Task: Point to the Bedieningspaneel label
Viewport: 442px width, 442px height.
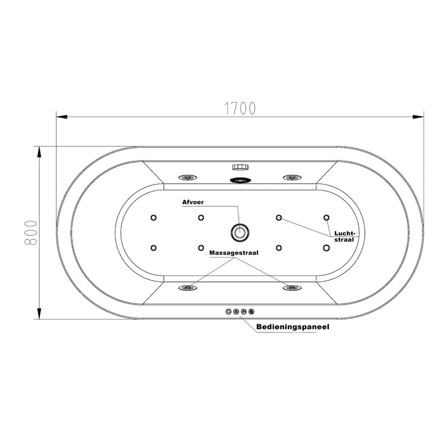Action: click(x=292, y=326)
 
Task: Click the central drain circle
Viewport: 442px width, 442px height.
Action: click(x=240, y=231)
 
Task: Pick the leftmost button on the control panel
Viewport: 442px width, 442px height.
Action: click(x=228, y=311)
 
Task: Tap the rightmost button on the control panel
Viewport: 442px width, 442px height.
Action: click(x=252, y=311)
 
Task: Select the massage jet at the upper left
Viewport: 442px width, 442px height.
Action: click(x=187, y=178)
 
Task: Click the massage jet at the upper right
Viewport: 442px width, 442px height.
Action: click(x=291, y=178)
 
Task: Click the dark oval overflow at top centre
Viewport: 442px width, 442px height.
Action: click(x=240, y=180)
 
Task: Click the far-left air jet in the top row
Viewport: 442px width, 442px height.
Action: click(x=154, y=218)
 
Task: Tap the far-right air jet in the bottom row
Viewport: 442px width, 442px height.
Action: click(x=326, y=248)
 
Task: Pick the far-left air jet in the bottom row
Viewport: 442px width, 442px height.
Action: click(x=154, y=248)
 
